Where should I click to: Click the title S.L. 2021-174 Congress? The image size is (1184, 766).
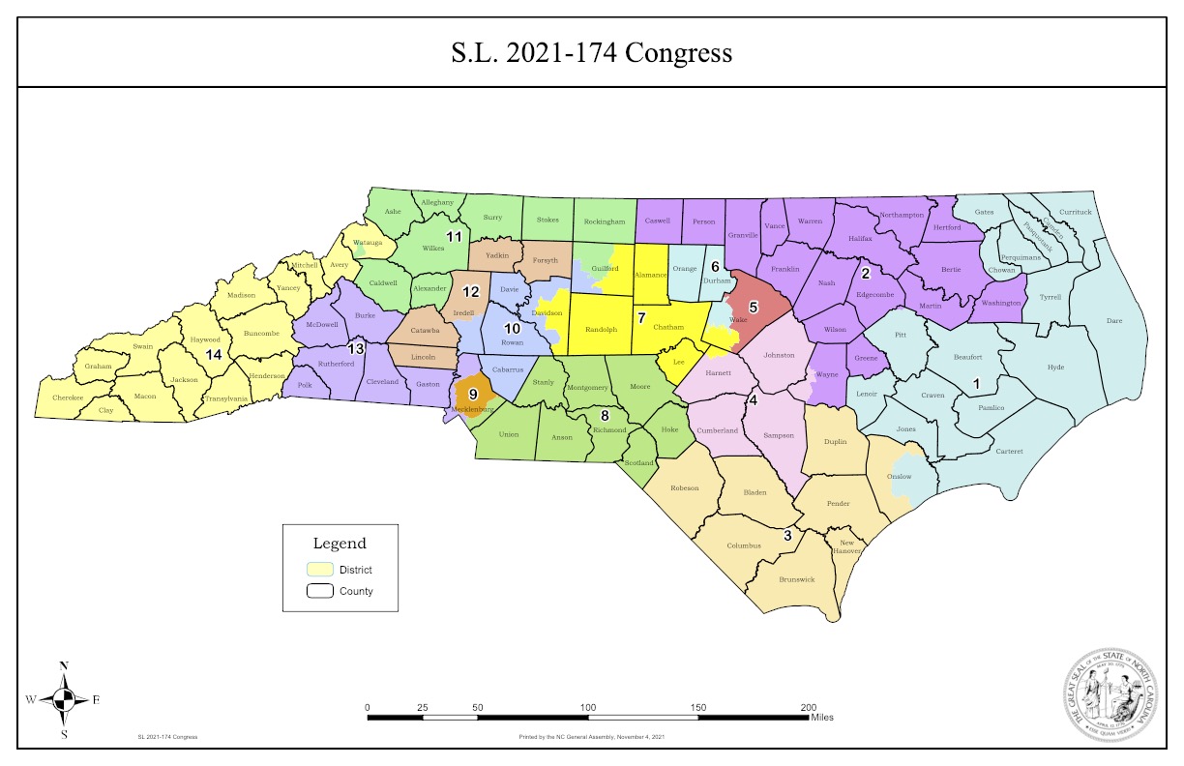click(591, 52)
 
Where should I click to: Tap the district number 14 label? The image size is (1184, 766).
click(214, 355)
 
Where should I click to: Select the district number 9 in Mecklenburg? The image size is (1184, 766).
click(473, 394)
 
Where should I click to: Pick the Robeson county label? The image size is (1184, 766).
click(684, 488)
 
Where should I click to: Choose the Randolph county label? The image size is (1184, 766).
click(601, 330)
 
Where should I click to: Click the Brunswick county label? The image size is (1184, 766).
click(795, 579)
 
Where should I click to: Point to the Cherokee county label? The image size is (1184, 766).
click(68, 397)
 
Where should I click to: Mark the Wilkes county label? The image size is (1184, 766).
click(432, 249)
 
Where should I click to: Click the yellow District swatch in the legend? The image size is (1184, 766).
click(320, 570)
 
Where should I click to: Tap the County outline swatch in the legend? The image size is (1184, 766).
click(320, 591)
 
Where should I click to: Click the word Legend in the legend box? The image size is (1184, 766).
click(340, 544)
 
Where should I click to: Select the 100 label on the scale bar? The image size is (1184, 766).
click(588, 708)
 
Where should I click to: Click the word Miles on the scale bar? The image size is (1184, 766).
click(822, 718)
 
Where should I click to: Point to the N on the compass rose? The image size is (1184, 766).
click(64, 665)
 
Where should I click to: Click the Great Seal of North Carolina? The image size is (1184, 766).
click(1111, 695)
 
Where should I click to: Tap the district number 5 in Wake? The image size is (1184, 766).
click(754, 307)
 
